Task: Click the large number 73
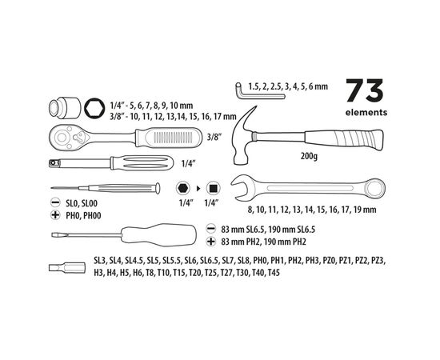(365, 90)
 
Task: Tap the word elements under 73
(366, 113)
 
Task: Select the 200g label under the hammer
(309, 156)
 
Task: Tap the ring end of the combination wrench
(375, 188)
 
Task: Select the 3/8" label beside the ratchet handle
(214, 137)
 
